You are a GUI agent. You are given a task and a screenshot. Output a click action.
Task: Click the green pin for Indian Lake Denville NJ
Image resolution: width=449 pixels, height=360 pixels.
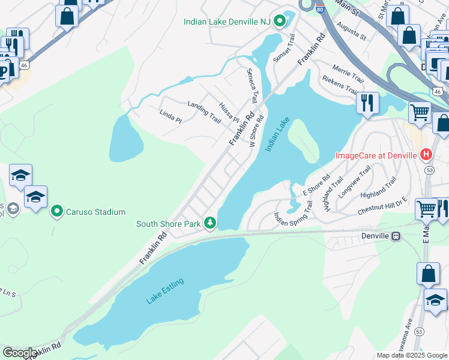coord(279,22)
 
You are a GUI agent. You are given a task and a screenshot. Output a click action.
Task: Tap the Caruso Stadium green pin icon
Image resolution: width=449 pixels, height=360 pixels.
coord(57,211)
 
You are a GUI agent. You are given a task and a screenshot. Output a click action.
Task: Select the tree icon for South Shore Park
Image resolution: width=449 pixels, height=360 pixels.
coord(209,223)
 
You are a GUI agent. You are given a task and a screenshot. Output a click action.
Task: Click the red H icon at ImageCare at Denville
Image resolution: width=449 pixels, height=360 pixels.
coord(426,155)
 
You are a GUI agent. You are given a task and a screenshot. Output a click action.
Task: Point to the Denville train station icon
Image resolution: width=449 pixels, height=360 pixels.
coord(396,236)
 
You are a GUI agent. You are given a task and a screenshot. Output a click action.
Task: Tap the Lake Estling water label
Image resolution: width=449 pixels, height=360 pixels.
coord(165,291)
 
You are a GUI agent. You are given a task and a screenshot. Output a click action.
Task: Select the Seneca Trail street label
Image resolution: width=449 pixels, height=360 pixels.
coord(252,85)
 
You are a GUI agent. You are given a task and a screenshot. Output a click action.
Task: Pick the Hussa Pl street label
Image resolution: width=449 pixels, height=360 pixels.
coord(229,112)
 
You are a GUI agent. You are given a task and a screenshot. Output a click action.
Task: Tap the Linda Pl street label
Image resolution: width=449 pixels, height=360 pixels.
coord(170,116)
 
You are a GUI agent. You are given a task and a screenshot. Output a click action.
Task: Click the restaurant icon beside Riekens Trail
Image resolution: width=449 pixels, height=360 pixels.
coord(367,102)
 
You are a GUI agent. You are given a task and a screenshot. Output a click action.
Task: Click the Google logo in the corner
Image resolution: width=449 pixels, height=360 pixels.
coord(20,353)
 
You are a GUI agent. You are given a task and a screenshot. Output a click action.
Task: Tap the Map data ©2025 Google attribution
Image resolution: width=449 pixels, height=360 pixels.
coord(411,355)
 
